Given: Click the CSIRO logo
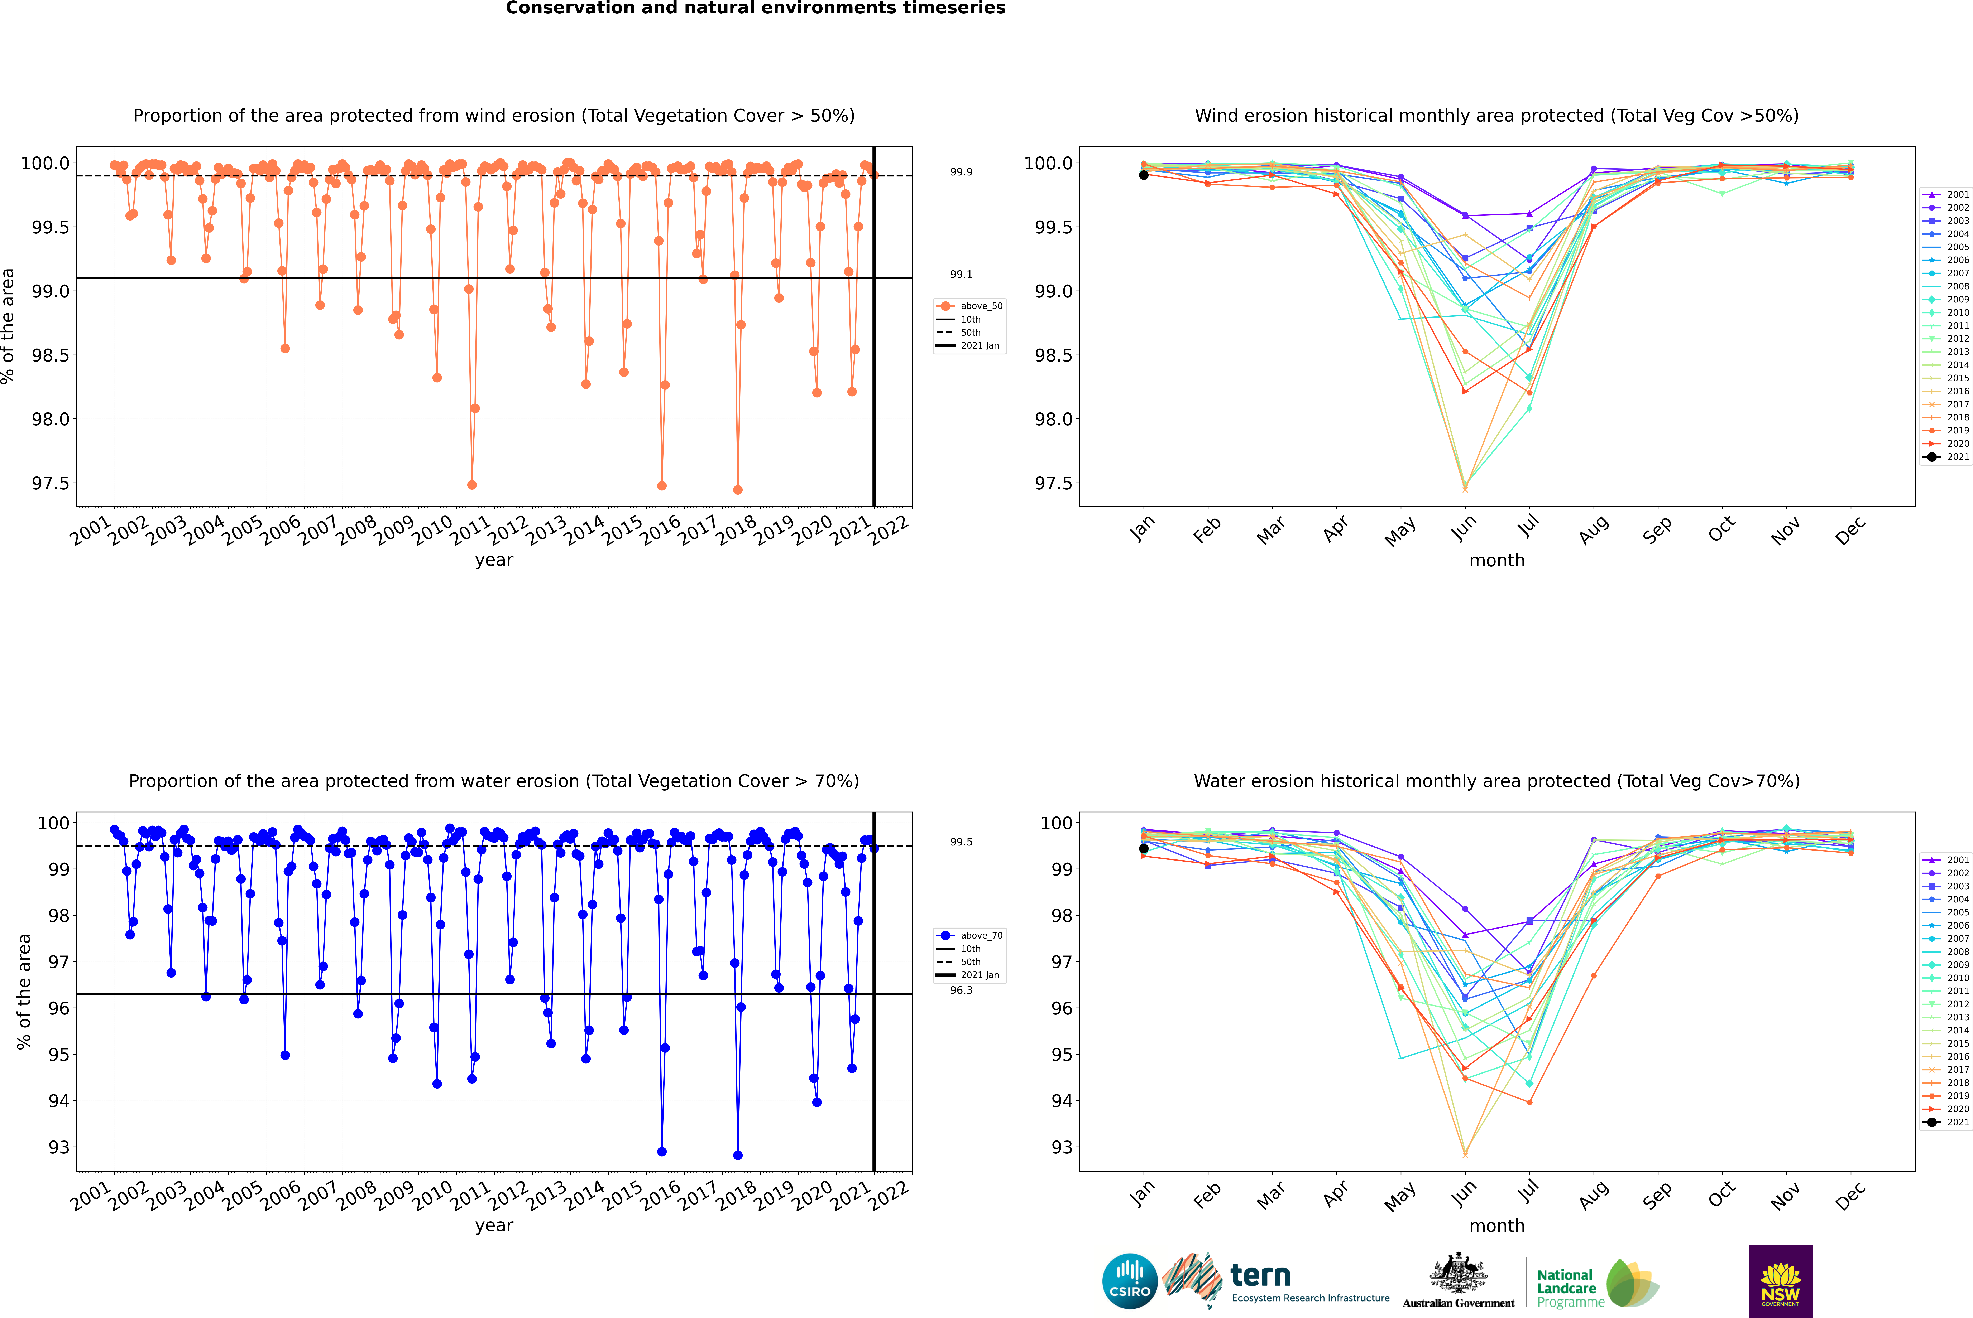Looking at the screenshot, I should [1130, 1281].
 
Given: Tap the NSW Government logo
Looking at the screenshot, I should [1780, 1281].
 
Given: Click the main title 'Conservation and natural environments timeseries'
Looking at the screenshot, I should [755, 8].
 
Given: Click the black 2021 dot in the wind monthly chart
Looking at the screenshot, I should [1144, 175].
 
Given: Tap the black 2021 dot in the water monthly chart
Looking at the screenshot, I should [1144, 848].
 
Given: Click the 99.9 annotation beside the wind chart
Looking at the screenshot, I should [961, 172].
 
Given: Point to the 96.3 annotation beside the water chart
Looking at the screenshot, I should [961, 990].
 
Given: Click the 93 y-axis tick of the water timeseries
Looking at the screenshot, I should [59, 1147].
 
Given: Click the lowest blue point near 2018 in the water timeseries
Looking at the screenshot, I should [738, 1155].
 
